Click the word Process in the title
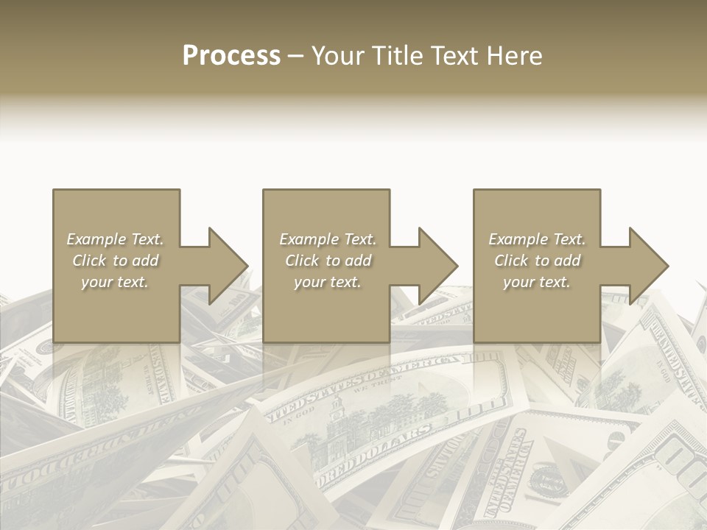(x=231, y=56)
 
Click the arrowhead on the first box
(x=226, y=266)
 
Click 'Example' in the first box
(x=96, y=239)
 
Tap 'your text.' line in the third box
(x=537, y=282)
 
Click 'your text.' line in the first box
(x=115, y=282)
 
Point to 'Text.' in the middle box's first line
(x=359, y=239)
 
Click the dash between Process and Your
(x=295, y=56)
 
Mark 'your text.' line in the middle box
(x=327, y=282)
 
